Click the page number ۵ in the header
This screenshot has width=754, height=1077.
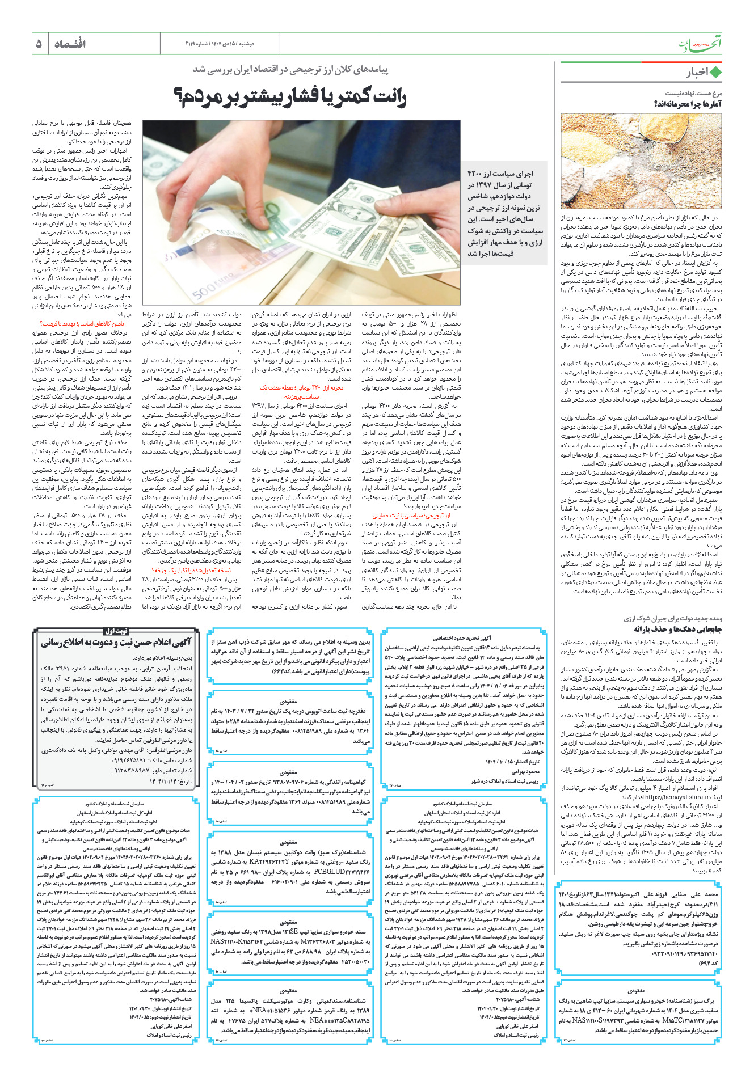pos(39,44)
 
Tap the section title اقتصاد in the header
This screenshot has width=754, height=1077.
pos(70,44)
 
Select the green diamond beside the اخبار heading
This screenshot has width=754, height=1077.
pos(715,72)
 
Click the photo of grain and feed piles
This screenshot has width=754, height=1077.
pos(641,161)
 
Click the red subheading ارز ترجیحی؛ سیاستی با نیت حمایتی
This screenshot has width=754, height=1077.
pos(411,516)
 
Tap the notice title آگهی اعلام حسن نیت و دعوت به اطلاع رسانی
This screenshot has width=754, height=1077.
pos(116,643)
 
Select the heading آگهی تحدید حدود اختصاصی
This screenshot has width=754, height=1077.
pos(462,638)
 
